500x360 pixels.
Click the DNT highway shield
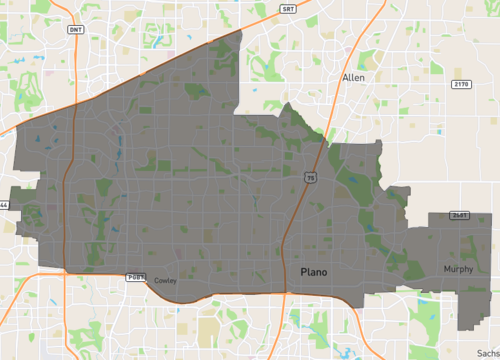click(76, 30)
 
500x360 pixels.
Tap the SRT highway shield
click(288, 7)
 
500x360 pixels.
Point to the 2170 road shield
click(461, 84)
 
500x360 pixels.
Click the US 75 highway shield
click(311, 178)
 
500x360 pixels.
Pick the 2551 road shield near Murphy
click(459, 215)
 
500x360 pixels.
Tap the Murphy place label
click(459, 270)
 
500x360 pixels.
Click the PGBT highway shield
click(136, 276)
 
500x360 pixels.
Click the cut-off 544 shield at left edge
click(3, 205)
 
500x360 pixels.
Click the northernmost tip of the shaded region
click(242, 31)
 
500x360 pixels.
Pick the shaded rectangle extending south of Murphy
click(470, 310)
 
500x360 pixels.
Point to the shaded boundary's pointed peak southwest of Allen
click(288, 104)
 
